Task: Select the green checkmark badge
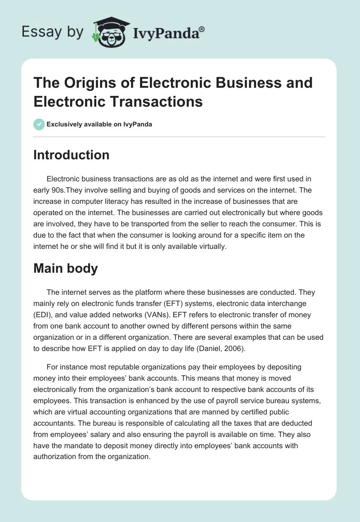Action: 39,124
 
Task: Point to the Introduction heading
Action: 71,155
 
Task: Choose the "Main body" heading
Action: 66,269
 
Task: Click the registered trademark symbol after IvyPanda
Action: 202,29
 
